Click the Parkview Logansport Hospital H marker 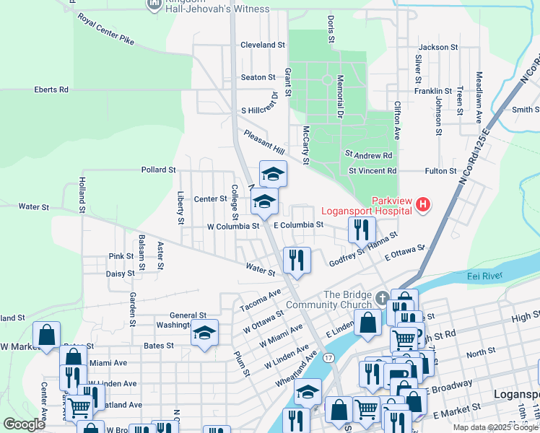pos(422,206)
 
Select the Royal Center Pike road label pos(106,28)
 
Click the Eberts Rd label pos(51,89)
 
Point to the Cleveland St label pos(263,45)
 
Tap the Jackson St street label pos(438,47)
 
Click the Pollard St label pos(159,170)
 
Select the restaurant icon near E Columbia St pos(362,229)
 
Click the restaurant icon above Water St pos(297,260)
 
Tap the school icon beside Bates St pos(204,333)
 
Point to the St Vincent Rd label pos(373,171)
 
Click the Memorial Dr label pos(339,96)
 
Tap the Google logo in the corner pos(24,424)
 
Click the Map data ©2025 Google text pos(495,427)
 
